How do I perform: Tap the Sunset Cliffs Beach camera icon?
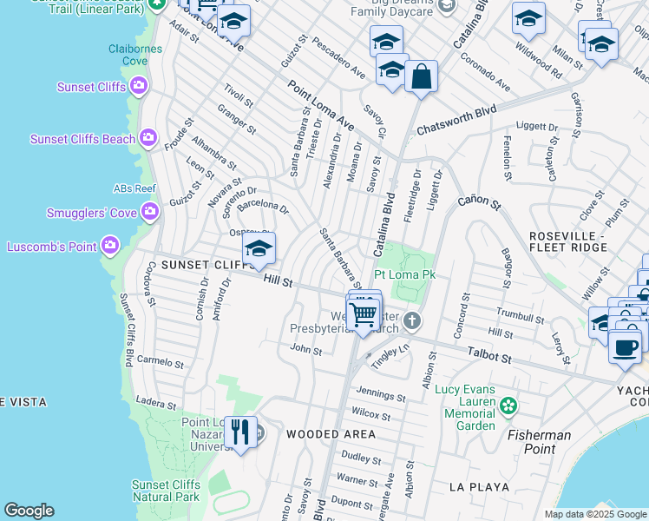tap(149, 137)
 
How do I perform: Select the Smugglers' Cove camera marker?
tap(150, 211)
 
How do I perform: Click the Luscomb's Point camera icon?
tap(110, 247)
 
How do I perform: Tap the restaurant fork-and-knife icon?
tap(240, 432)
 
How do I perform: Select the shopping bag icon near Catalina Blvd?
tap(421, 76)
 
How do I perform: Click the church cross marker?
tap(412, 321)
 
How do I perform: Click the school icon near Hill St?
tap(259, 250)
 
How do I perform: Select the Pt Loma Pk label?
tap(403, 274)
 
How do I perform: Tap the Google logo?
tap(29, 511)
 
